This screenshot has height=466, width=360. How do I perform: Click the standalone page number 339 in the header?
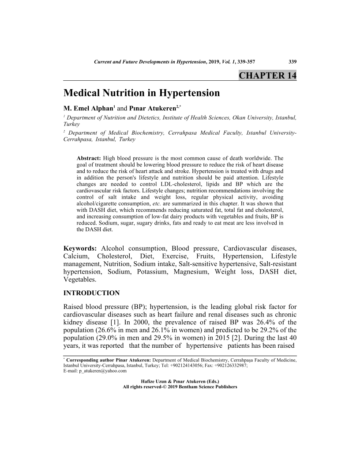click(x=292, y=62)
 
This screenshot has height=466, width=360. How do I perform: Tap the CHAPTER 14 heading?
click(x=267, y=75)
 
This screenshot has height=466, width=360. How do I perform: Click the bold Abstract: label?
click(x=89, y=158)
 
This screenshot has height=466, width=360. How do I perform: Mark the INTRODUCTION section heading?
click(x=91, y=293)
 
